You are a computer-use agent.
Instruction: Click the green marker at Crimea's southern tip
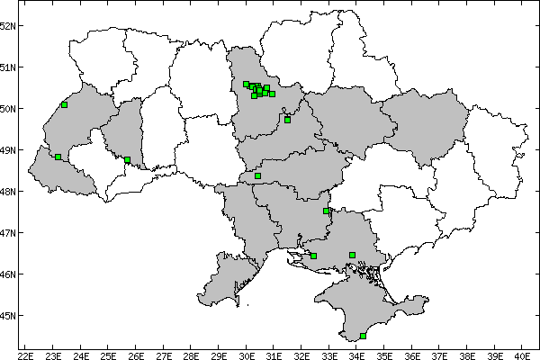363,336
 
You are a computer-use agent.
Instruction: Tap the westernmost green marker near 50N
64,104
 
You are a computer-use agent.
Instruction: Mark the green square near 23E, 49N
58,157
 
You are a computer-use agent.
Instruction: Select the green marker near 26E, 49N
128,160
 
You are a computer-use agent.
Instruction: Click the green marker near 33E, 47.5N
326,211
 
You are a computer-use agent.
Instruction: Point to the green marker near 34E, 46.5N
352,255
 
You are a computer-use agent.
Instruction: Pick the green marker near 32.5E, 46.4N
313,256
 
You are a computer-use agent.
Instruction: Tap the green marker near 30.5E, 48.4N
257,175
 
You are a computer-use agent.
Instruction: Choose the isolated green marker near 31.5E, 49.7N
287,120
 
